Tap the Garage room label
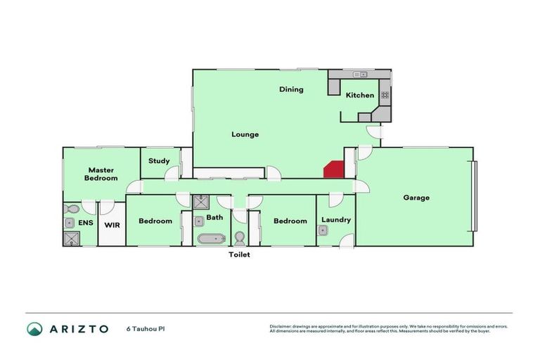pyautogui.click(x=416, y=198)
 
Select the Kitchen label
pyautogui.click(x=359, y=95)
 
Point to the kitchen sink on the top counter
pyautogui.click(x=361, y=74)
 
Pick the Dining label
pyautogui.click(x=291, y=89)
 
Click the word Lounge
pyautogui.click(x=245, y=134)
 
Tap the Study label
pyautogui.click(x=158, y=161)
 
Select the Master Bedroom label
pyautogui.click(x=101, y=174)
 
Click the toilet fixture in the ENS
pyautogui.click(x=70, y=209)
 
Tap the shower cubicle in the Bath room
pyautogui.click(x=200, y=202)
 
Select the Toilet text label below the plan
pyautogui.click(x=238, y=255)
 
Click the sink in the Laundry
pyautogui.click(x=323, y=230)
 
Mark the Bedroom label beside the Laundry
pyautogui.click(x=290, y=221)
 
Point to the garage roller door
pyautogui.click(x=476, y=197)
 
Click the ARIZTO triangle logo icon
pyautogui.click(x=34, y=329)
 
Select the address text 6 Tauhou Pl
pyautogui.click(x=146, y=329)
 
